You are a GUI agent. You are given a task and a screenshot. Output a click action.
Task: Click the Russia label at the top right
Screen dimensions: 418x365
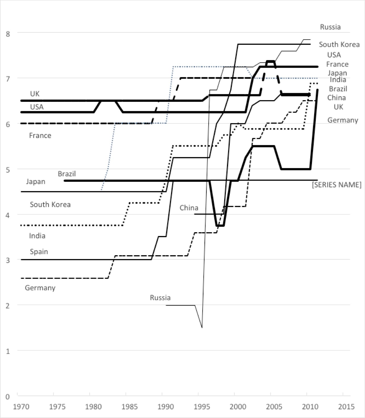coord(330,27)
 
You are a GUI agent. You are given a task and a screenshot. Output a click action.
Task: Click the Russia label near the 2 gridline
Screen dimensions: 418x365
coord(160,298)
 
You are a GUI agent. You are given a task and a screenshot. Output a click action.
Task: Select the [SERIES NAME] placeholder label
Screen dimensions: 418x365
coord(337,185)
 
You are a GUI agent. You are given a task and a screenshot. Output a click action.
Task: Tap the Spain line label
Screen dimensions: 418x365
coord(39,252)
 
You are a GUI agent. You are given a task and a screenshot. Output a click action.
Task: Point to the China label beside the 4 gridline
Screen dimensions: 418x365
coord(189,208)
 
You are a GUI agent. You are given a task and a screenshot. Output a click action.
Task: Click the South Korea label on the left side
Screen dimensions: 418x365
coord(50,205)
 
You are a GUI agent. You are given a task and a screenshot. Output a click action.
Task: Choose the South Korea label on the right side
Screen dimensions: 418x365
coord(339,45)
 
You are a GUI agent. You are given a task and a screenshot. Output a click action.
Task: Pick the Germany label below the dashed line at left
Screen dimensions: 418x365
coord(40,288)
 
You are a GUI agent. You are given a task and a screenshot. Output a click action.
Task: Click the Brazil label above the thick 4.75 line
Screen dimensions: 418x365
coord(67,174)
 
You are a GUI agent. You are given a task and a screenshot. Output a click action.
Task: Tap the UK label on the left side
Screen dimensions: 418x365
coord(35,94)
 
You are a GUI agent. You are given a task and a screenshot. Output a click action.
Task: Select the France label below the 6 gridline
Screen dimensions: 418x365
coord(40,136)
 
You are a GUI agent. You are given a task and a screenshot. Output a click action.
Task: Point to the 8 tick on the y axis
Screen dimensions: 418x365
coord(8,34)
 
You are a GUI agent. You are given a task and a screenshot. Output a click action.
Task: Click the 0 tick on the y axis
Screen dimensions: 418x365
coord(8,397)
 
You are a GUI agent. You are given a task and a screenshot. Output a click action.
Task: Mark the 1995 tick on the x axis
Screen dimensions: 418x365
coord(202,407)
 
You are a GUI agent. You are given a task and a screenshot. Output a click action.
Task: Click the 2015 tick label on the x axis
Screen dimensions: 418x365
coord(346,407)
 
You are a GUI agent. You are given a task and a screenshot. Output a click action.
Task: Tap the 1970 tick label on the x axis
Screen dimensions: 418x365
coord(21,407)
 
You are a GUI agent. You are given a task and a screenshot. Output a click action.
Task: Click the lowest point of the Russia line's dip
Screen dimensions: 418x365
coord(202,328)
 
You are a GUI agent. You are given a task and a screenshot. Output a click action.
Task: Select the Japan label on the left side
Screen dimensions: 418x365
coord(36,182)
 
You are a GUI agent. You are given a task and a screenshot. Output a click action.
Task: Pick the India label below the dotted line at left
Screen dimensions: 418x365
coord(37,236)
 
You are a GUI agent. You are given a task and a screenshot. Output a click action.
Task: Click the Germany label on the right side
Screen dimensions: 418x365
coord(343,120)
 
